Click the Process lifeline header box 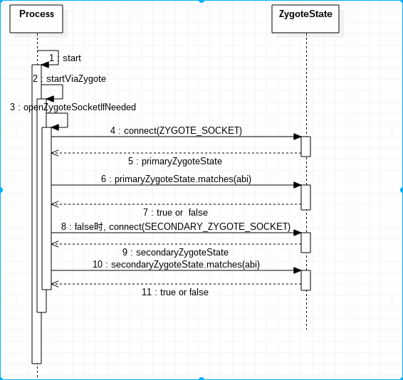click(x=36, y=19)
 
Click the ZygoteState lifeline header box click(x=305, y=19)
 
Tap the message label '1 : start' click(x=65, y=58)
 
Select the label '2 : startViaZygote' click(x=69, y=78)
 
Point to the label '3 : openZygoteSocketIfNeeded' click(x=73, y=107)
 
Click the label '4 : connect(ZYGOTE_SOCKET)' click(x=176, y=131)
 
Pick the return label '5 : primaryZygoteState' click(x=175, y=162)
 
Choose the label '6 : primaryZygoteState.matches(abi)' click(x=176, y=179)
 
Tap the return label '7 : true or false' click(x=175, y=213)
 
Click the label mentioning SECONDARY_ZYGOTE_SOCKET click(x=176, y=226)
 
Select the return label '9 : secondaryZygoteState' click(x=175, y=253)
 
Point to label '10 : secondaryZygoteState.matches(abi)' click(x=176, y=265)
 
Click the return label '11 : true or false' click(x=175, y=292)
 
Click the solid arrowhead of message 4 click(x=298, y=137)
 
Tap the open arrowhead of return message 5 click(x=55, y=153)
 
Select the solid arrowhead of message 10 click(x=298, y=270)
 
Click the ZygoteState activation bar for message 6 click(x=306, y=197)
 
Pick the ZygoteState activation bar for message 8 click(x=306, y=243)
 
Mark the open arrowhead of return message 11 click(x=55, y=284)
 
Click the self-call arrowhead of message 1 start click(x=45, y=65)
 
